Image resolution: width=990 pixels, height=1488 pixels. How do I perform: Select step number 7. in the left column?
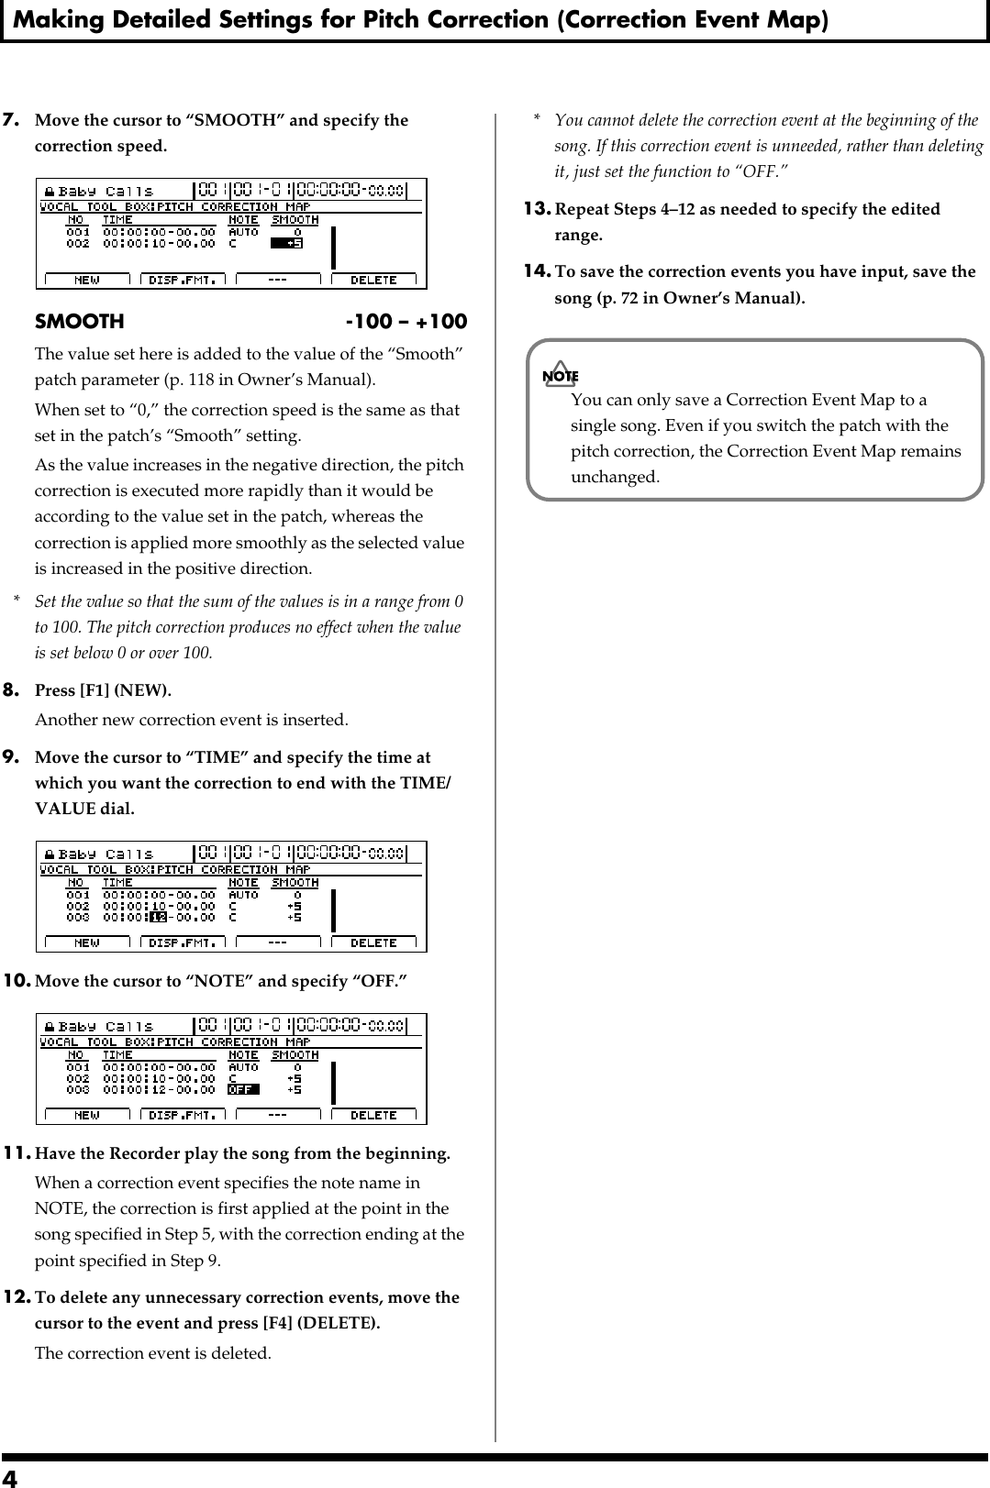point(14,120)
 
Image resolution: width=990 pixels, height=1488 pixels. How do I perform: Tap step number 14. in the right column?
point(537,271)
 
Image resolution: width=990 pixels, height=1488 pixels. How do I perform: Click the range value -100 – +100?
point(406,322)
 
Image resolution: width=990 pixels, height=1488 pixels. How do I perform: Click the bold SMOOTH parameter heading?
point(79,322)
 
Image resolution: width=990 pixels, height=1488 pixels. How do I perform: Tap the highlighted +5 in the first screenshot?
point(286,244)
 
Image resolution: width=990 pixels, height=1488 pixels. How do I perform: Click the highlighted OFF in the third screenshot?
point(243,1089)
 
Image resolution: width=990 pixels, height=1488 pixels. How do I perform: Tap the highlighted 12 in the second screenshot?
point(159,917)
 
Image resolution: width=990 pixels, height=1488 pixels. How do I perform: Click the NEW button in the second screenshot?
point(87,942)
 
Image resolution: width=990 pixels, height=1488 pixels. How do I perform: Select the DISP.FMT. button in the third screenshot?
point(183,1115)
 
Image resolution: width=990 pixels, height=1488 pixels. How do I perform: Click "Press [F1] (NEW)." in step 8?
point(103,689)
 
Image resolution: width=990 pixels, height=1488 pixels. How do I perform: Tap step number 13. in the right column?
point(537,209)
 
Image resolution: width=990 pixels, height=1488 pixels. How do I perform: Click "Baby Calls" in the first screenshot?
point(105,192)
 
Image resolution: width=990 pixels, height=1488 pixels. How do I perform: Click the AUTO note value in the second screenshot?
point(243,894)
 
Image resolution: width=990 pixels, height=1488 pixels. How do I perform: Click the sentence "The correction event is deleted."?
point(152,1353)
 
